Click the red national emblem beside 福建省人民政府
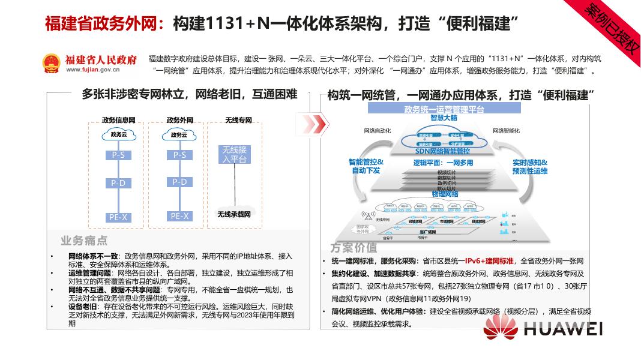pyautogui.click(x=52, y=62)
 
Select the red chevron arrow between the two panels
pyautogui.click(x=314, y=125)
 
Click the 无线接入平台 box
pyautogui.click(x=234, y=154)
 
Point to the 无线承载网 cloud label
pyautogui.click(x=233, y=214)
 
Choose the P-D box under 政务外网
pyautogui.click(x=179, y=182)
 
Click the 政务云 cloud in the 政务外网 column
pyautogui.click(x=179, y=135)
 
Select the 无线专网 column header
pyautogui.click(x=238, y=120)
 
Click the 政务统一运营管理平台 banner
pyautogui.click(x=444, y=109)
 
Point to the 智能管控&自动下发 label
pyautogui.click(x=366, y=166)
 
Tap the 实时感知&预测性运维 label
pyautogui.click(x=530, y=166)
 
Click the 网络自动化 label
pyautogui.click(x=378, y=130)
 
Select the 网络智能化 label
pyautogui.click(x=506, y=130)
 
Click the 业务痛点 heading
pyautogui.click(x=84, y=241)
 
